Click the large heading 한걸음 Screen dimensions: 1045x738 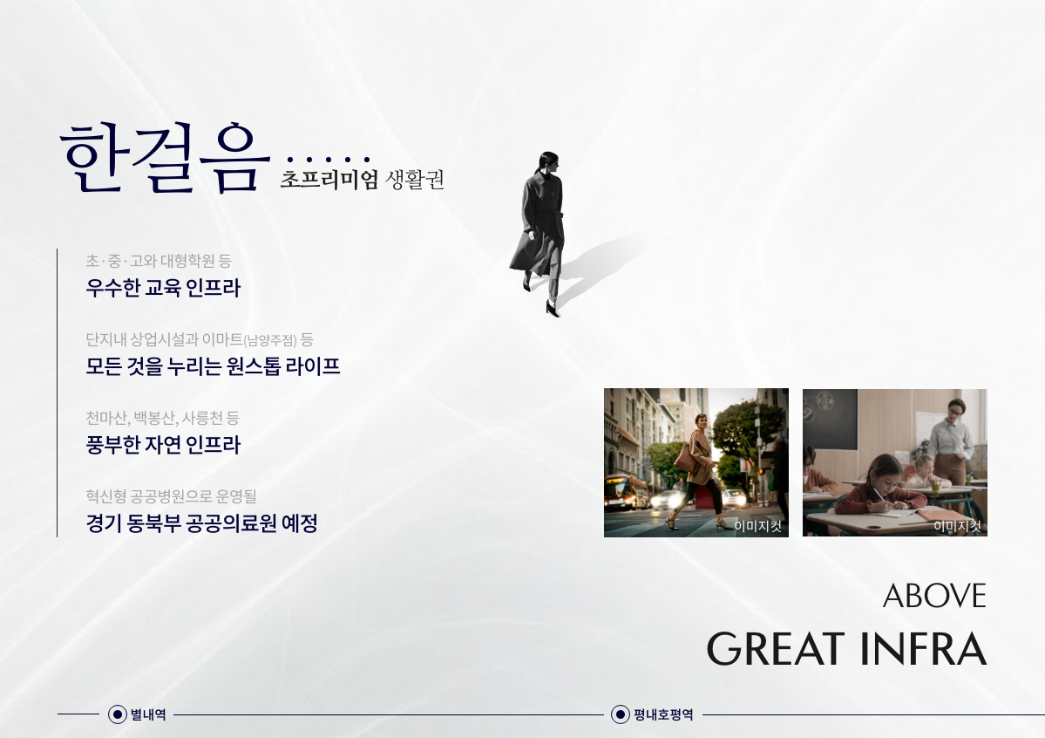coord(165,158)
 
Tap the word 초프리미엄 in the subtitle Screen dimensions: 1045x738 coord(329,180)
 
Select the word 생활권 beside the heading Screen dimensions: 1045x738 coord(415,180)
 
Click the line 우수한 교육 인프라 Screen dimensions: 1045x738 coord(163,288)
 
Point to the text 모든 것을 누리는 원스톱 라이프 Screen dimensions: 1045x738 coord(213,366)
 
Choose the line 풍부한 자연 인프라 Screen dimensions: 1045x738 coord(163,444)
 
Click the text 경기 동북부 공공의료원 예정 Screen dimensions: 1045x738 coord(201,523)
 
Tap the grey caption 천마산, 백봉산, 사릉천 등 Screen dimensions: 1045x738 coord(162,418)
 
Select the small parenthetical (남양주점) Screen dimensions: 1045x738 coord(270,341)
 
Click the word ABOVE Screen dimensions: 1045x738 coord(934,596)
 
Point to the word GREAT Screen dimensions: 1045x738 coord(775,649)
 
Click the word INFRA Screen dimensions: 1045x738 coord(923,649)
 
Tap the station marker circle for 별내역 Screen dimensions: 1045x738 coord(118,714)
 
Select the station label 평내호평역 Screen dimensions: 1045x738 coord(663,715)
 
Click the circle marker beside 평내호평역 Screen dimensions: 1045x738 coord(620,714)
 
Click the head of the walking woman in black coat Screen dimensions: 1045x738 coord(548,162)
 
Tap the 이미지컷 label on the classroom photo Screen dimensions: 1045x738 coord(957,527)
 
